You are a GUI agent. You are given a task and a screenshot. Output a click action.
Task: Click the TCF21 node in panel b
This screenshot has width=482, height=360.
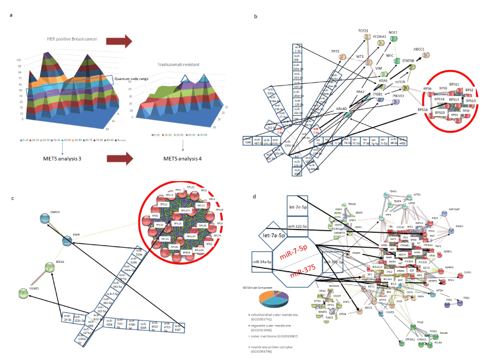tap(366, 37)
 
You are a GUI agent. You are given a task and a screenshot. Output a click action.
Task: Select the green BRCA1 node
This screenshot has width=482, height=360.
tap(51, 268)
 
